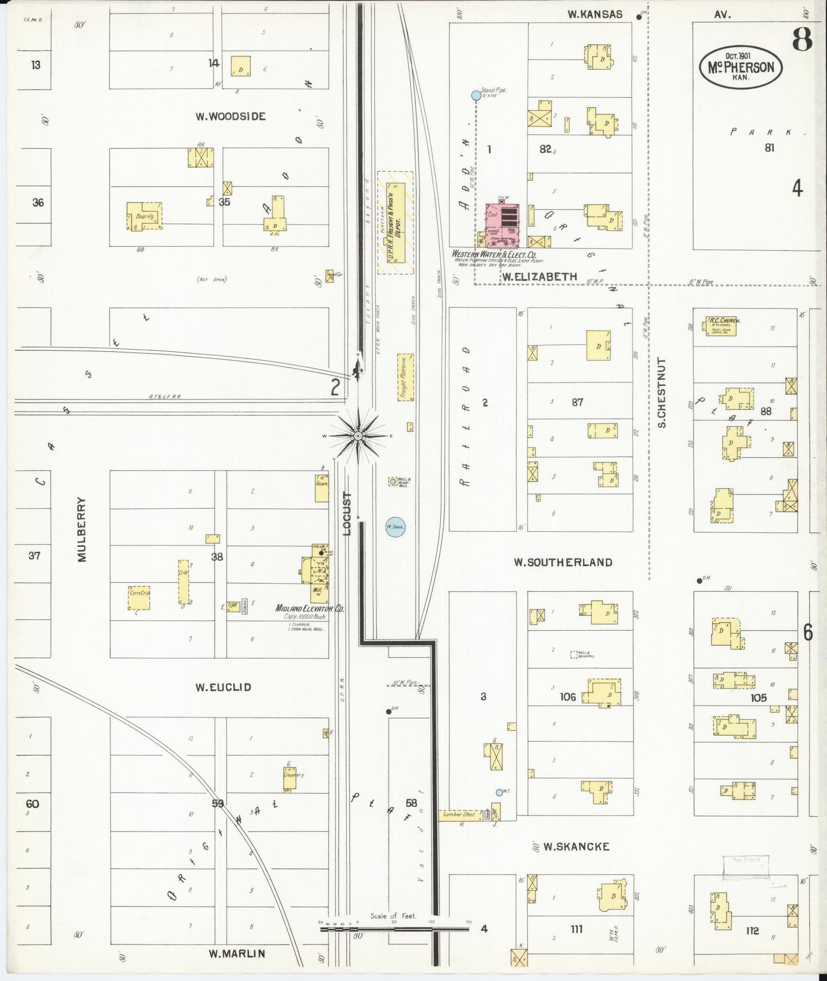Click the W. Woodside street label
tap(231, 117)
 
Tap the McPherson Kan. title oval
tap(741, 68)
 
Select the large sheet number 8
tap(802, 39)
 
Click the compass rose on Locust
tap(358, 436)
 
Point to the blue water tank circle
tap(395, 527)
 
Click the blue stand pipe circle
tap(476, 96)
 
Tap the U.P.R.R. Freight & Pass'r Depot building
tap(395, 223)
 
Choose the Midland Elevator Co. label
tap(310, 609)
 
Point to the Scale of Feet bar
tap(395, 929)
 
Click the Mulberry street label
tap(82, 529)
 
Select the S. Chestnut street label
tap(662, 393)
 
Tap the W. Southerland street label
tap(563, 563)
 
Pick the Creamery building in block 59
tap(290, 778)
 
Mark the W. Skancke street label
tap(576, 846)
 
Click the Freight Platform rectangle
tap(405, 377)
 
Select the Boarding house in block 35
tap(144, 216)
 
